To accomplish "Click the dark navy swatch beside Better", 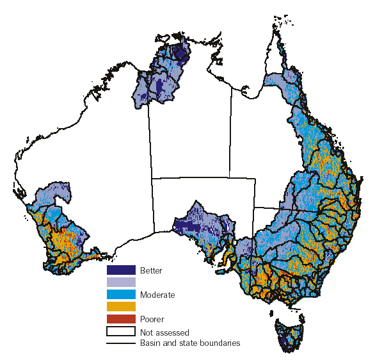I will pos(121,270).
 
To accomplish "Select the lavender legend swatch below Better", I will pos(121,282).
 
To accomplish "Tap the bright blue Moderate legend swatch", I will pos(121,295).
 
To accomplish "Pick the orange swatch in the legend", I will pos(121,307).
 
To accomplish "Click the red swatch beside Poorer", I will pos(121,319).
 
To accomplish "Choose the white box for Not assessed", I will pos(121,331).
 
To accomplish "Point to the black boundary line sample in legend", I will pos(121,343).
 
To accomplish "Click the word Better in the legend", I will pos(151,271).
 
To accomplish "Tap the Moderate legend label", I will pos(157,295).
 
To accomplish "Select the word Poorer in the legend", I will pos(152,319).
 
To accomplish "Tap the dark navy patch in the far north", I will pos(182,51).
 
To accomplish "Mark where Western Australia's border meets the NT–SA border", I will pos(152,179).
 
